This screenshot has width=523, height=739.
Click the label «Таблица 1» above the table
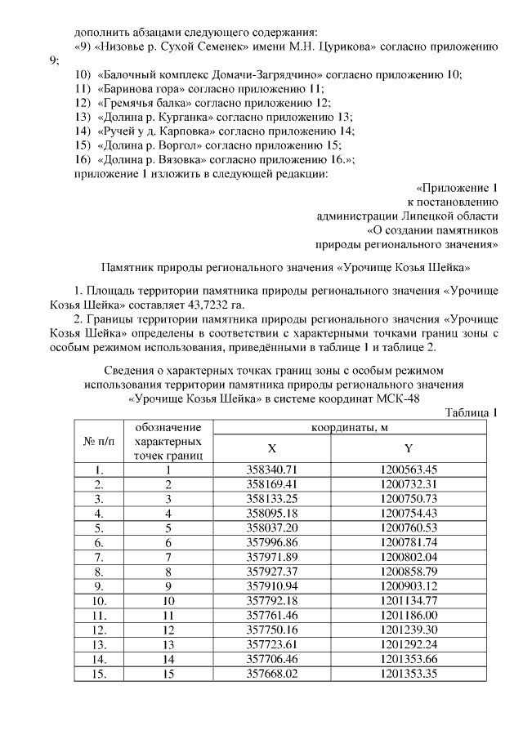tap(472, 412)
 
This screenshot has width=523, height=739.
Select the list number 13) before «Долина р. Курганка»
tap(82, 117)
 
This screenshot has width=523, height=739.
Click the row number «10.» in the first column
tap(99, 600)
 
